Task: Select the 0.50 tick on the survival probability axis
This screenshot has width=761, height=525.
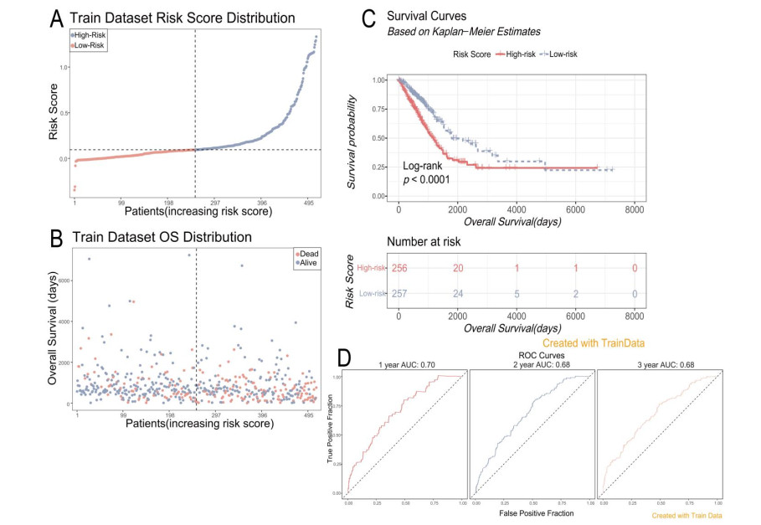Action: pyautogui.click(x=380, y=137)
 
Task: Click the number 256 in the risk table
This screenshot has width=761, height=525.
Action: pyautogui.click(x=400, y=268)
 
